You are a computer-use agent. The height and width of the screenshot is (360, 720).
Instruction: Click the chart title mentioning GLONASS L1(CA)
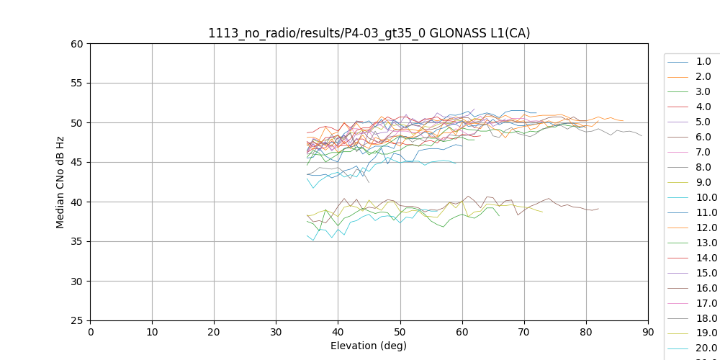(x=369, y=33)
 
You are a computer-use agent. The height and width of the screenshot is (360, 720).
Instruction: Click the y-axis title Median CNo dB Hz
(x=60, y=182)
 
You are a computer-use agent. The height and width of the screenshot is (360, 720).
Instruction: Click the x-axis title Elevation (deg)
(x=369, y=346)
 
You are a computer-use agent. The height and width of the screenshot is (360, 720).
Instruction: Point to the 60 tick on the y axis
(x=77, y=43)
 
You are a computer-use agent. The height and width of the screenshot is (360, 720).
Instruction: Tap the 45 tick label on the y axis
(x=77, y=162)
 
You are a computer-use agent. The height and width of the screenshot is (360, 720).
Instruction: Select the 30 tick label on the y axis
(x=77, y=281)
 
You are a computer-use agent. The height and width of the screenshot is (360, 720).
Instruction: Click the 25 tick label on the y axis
(x=77, y=320)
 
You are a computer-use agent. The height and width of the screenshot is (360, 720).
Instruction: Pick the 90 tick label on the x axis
(x=647, y=332)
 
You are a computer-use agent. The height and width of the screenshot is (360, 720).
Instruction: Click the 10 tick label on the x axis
(x=152, y=332)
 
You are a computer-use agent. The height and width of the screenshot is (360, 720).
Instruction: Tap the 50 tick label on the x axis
(x=400, y=332)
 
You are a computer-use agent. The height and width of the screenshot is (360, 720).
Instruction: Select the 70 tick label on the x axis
(x=523, y=332)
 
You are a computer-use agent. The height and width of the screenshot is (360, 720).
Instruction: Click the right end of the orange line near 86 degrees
(x=623, y=121)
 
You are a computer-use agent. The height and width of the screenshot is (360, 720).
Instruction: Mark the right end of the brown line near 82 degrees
(x=598, y=209)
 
